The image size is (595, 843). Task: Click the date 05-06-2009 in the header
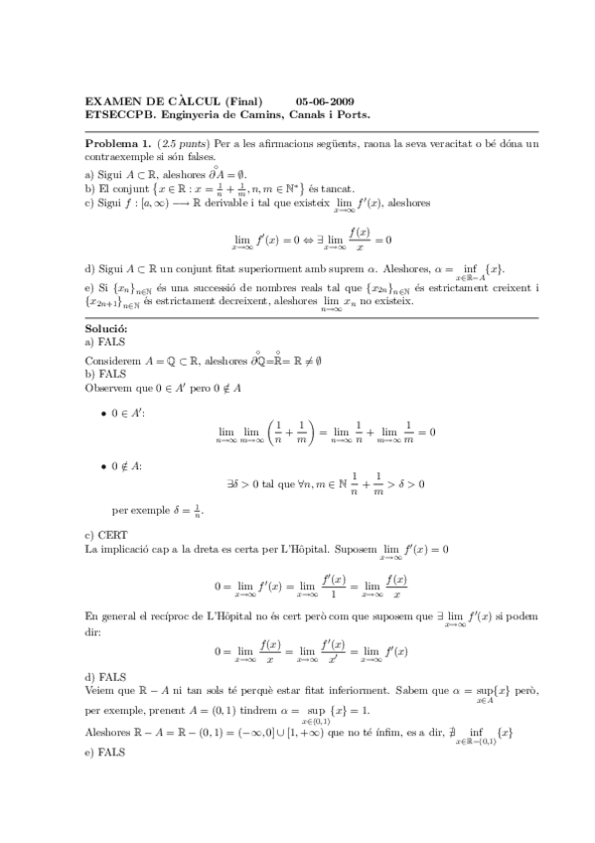click(325, 101)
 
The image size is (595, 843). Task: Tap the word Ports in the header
click(354, 114)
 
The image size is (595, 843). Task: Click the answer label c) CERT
click(103, 535)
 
